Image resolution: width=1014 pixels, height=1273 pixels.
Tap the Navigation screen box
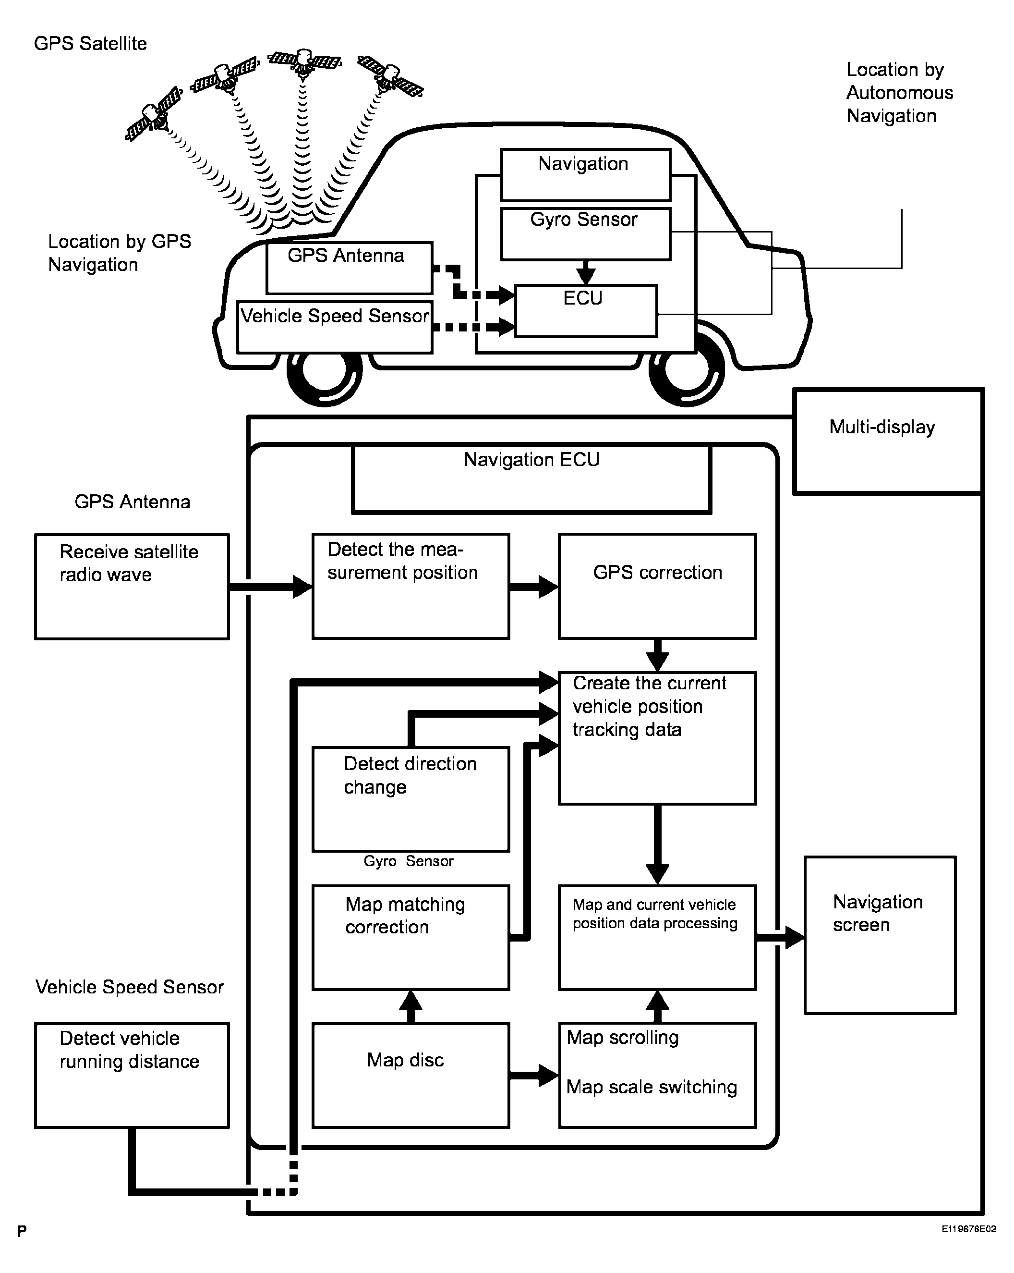click(880, 935)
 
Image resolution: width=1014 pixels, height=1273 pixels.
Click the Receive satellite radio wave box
click(132, 587)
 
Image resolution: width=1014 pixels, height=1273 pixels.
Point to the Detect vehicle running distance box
click(132, 1075)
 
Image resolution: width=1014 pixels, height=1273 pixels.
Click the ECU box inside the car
click(586, 311)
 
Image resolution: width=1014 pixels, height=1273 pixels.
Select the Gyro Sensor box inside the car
click(586, 234)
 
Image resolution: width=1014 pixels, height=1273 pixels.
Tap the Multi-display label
click(882, 427)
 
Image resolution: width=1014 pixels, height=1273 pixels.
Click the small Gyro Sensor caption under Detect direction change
click(409, 861)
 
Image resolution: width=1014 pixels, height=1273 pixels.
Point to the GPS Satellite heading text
click(90, 44)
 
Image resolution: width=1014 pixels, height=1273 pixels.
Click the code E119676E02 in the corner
click(968, 1229)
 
